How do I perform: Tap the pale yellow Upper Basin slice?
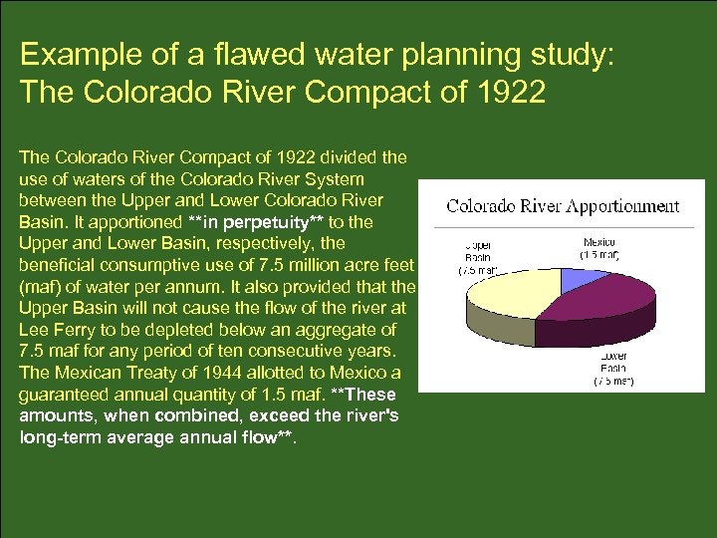coord(508,289)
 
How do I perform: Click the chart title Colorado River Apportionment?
coord(563,206)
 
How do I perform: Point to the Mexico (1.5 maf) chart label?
coord(599,248)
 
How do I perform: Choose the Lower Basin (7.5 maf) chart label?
coord(613,369)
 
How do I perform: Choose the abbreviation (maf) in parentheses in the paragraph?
coord(41,286)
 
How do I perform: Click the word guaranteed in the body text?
coord(64,395)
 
